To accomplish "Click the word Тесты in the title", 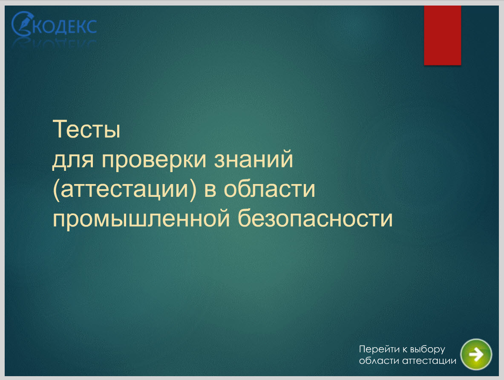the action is pyautogui.click(x=86, y=129).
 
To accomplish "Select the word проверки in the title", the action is pyautogui.click(x=154, y=159).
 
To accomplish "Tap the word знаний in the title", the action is pyautogui.click(x=253, y=159).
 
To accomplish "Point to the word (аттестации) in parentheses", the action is pyautogui.click(x=124, y=189).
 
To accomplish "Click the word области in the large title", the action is pyautogui.click(x=269, y=189).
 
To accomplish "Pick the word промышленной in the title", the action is pyautogui.click(x=141, y=219).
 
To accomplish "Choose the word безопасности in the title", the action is pyautogui.click(x=315, y=218).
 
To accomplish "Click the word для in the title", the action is pyautogui.click(x=73, y=160).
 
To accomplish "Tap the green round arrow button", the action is pyautogui.click(x=476, y=354).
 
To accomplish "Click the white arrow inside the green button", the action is pyautogui.click(x=476, y=354).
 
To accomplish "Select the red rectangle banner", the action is pyautogui.click(x=442, y=35).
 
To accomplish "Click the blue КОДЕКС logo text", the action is pyautogui.click(x=64, y=27).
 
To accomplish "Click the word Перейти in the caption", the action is pyautogui.click(x=379, y=349).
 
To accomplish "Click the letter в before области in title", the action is pyautogui.click(x=210, y=189).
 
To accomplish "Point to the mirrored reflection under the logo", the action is pyautogui.click(x=55, y=43).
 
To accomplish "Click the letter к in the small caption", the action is pyautogui.click(x=405, y=350).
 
